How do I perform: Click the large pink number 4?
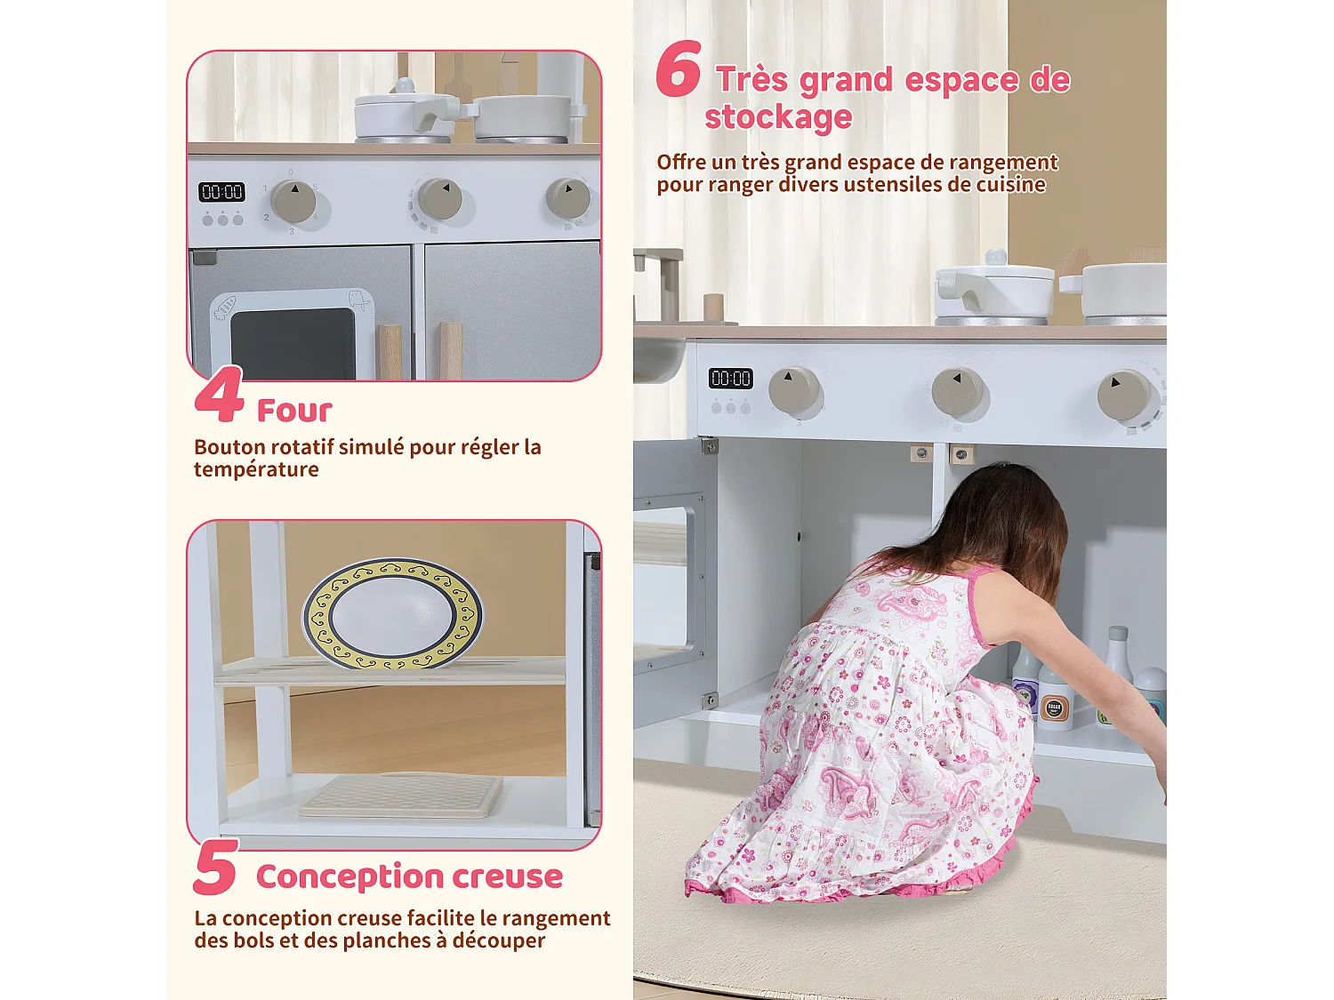point(219,396)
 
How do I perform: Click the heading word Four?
point(294,411)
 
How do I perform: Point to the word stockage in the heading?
point(778,117)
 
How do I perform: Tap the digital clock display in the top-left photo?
point(221,192)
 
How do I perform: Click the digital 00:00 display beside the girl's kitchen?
point(730,379)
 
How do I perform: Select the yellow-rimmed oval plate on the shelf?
point(392,613)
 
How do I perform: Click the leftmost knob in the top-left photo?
point(293,201)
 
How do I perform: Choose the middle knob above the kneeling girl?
point(957,391)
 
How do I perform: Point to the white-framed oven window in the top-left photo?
point(293,336)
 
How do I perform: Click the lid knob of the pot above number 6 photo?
point(995,258)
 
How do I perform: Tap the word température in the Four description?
point(256,469)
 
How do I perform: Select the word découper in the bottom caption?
point(498,940)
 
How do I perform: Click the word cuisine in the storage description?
point(1011,185)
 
